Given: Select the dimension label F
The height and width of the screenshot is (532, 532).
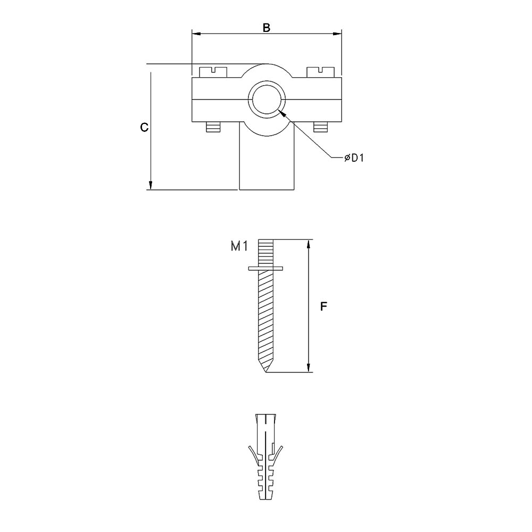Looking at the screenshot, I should [x=323, y=306].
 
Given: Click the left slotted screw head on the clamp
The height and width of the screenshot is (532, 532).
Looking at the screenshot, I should [x=213, y=71].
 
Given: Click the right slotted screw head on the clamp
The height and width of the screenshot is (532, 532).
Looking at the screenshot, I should [x=320, y=71].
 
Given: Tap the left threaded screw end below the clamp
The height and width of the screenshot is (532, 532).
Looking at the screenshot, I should [x=213, y=128].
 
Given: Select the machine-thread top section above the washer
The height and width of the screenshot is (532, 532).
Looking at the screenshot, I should [x=266, y=253].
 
